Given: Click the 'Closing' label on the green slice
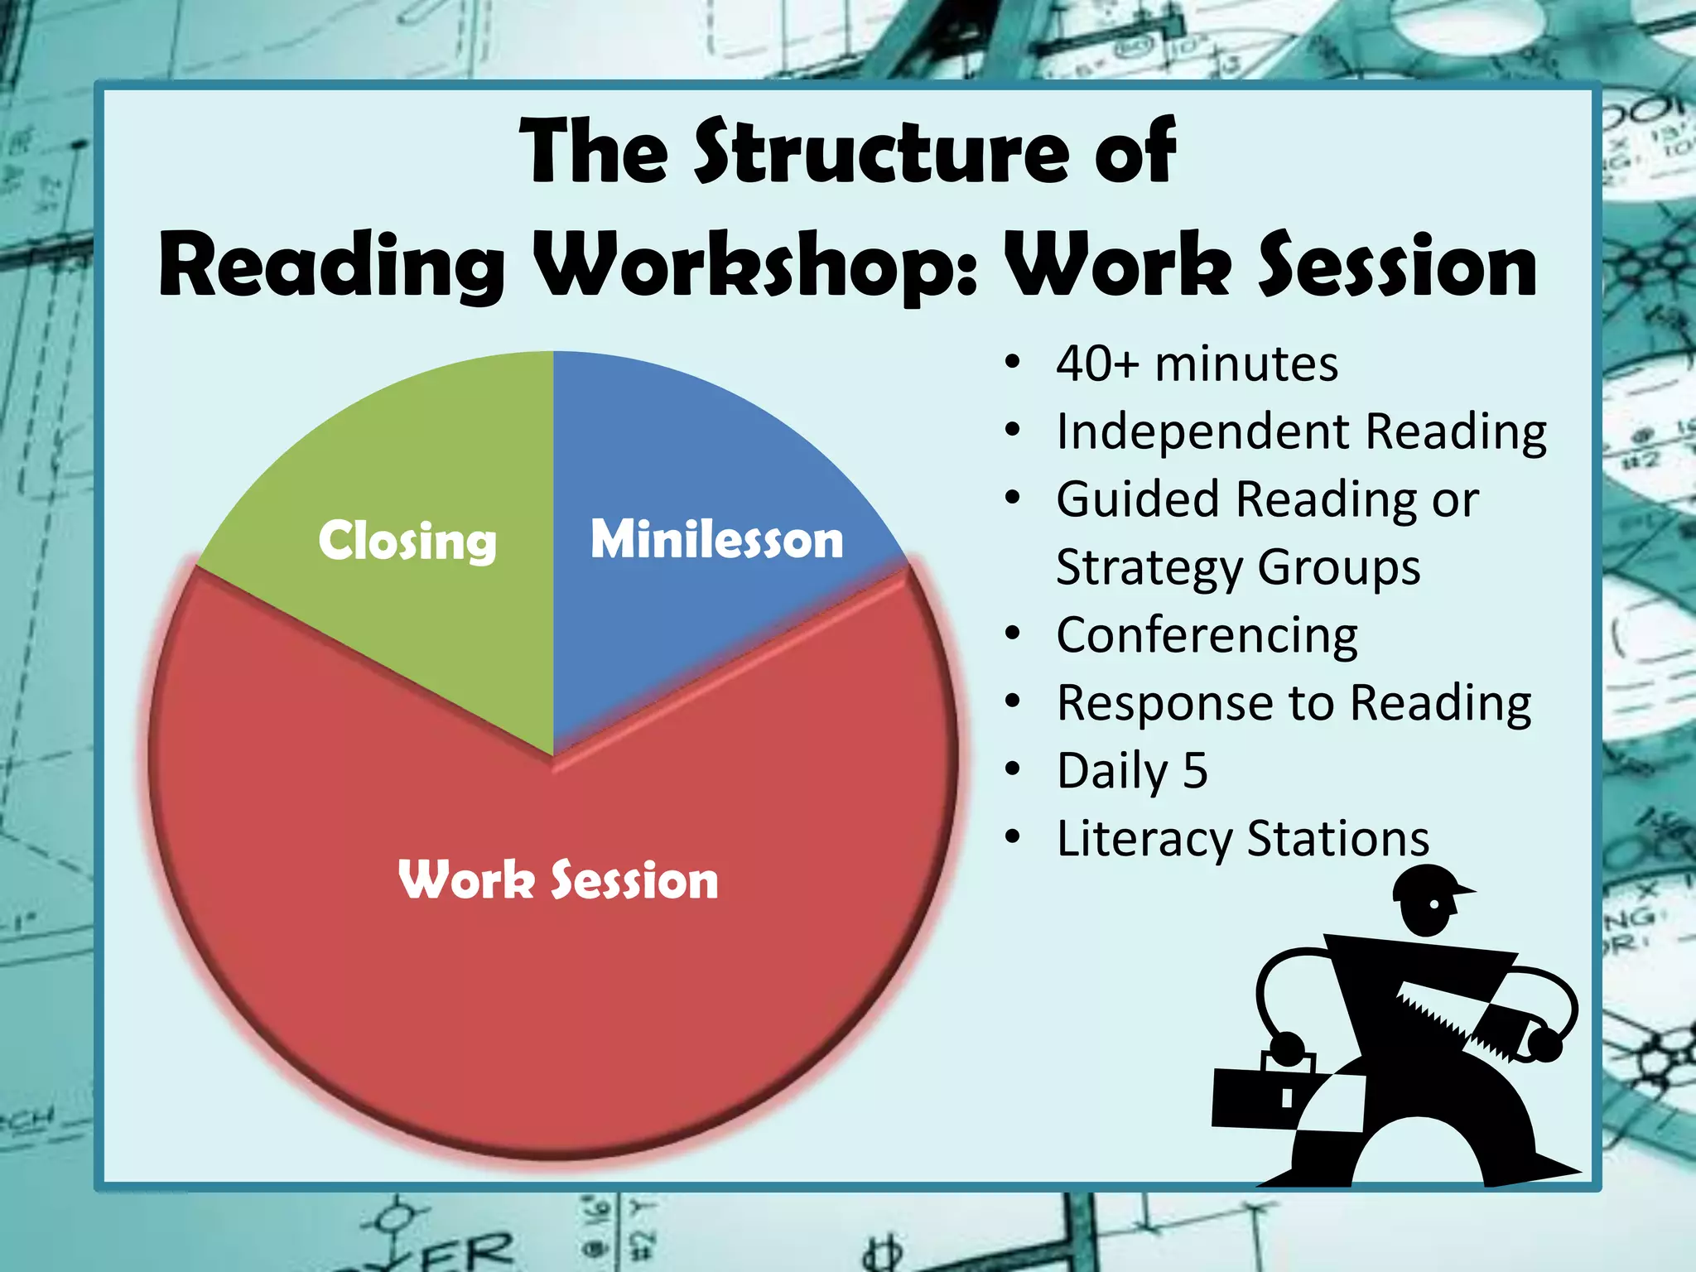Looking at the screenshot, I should (x=407, y=541).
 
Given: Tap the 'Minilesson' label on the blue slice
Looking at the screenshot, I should (x=716, y=539).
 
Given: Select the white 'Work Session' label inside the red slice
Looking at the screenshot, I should (x=558, y=879).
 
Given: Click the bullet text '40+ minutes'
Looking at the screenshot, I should (x=1197, y=364).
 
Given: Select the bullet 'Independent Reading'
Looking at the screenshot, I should (x=1301, y=431).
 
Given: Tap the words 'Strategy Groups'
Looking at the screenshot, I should (x=1238, y=567).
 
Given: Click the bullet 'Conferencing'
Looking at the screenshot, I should (x=1207, y=635).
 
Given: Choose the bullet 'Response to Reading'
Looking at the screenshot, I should (x=1294, y=703).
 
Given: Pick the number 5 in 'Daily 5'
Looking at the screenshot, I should (x=1195, y=770).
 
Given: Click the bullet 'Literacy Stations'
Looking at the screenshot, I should (x=1243, y=838).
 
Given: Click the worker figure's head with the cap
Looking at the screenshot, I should (x=1426, y=900).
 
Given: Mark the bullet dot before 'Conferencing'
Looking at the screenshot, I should (x=1012, y=634).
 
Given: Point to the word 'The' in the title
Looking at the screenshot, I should (x=594, y=152).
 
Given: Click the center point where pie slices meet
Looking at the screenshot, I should (x=553, y=755).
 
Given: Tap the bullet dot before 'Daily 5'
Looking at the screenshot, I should (x=1012, y=770).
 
